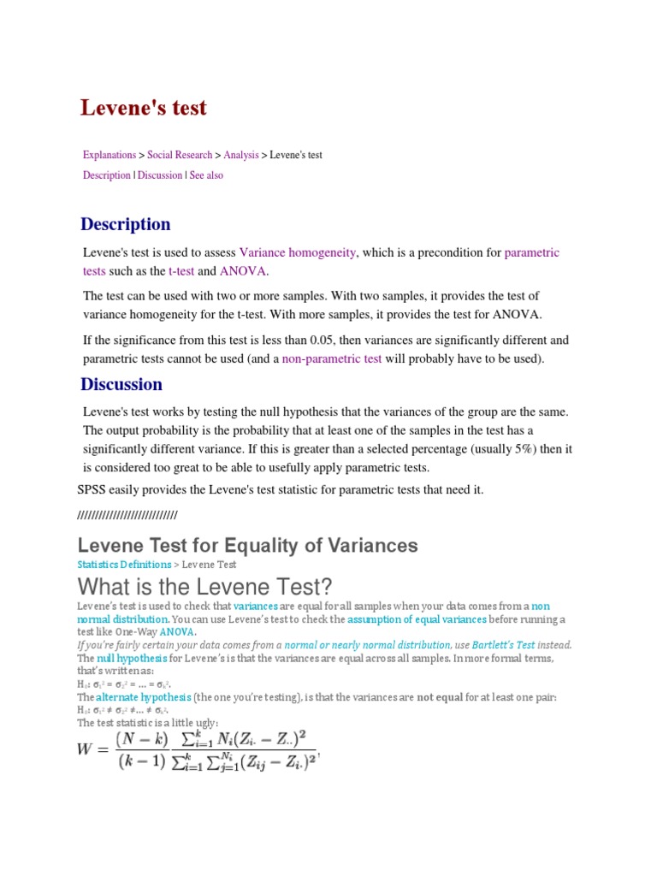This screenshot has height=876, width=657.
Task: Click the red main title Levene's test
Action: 144,108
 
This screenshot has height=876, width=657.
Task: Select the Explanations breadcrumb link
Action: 109,155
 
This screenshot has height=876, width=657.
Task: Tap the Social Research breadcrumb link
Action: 180,155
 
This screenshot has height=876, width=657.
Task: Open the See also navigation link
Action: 206,175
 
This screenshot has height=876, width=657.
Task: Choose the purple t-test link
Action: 181,271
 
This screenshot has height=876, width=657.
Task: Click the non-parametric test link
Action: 332,359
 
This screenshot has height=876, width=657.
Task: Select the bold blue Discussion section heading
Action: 121,384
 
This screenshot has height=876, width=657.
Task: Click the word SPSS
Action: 93,489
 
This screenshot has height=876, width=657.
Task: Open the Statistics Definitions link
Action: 124,565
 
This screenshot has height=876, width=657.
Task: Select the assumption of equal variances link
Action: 417,619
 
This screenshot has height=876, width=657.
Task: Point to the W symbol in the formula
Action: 86,749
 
